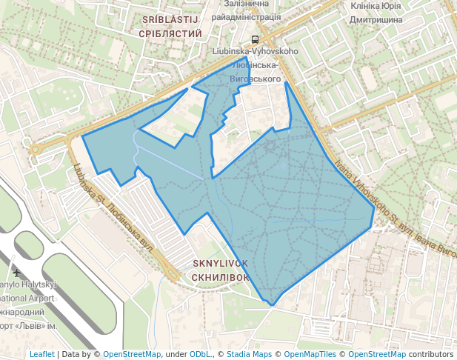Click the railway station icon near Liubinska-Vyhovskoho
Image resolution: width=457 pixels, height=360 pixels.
[255, 39]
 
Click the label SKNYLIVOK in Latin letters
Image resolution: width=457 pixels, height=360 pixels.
[220, 264]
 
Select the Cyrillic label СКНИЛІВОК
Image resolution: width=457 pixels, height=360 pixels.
[220, 277]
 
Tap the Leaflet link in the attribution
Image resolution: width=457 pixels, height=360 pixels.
[41, 354]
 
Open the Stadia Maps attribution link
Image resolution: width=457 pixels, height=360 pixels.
[248, 354]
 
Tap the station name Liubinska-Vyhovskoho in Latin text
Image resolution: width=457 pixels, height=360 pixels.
[255, 51]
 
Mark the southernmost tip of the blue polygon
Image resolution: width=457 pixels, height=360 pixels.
[273, 305]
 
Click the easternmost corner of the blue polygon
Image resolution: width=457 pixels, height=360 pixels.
[374, 225]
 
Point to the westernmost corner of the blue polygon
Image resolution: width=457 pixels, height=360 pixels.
[82, 136]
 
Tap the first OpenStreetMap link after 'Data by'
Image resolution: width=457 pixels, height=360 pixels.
[132, 354]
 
